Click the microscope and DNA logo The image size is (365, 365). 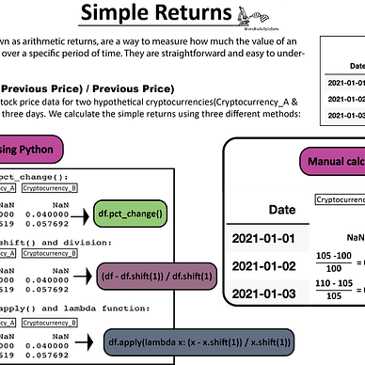249,16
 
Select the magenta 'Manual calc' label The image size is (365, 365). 334,161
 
